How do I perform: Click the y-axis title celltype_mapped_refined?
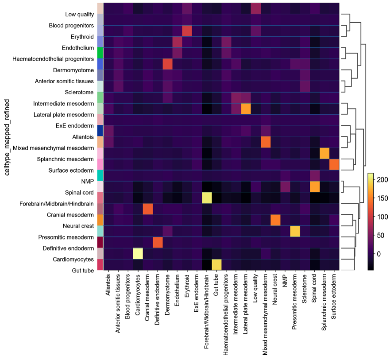8,138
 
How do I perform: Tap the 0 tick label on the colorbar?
379,254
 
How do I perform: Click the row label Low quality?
78,15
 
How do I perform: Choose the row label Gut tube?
81,270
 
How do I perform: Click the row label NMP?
87,181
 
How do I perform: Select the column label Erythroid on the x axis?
187,288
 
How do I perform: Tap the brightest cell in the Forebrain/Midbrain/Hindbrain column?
206,197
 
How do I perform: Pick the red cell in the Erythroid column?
187,31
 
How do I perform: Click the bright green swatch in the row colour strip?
100,53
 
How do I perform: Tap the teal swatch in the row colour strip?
100,175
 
